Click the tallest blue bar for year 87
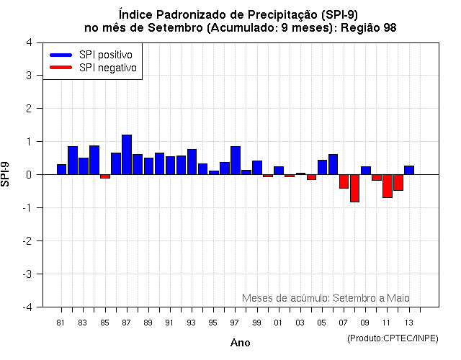click(x=127, y=155)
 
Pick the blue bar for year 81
click(x=62, y=169)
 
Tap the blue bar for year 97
click(x=236, y=161)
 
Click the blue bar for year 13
click(x=409, y=170)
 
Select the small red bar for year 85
click(x=105, y=176)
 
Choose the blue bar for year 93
click(x=192, y=162)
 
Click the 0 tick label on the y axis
click(x=28, y=175)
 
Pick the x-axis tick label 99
click(x=257, y=323)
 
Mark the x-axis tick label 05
click(x=322, y=323)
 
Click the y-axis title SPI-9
click(x=6, y=174)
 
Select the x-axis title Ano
click(x=240, y=343)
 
